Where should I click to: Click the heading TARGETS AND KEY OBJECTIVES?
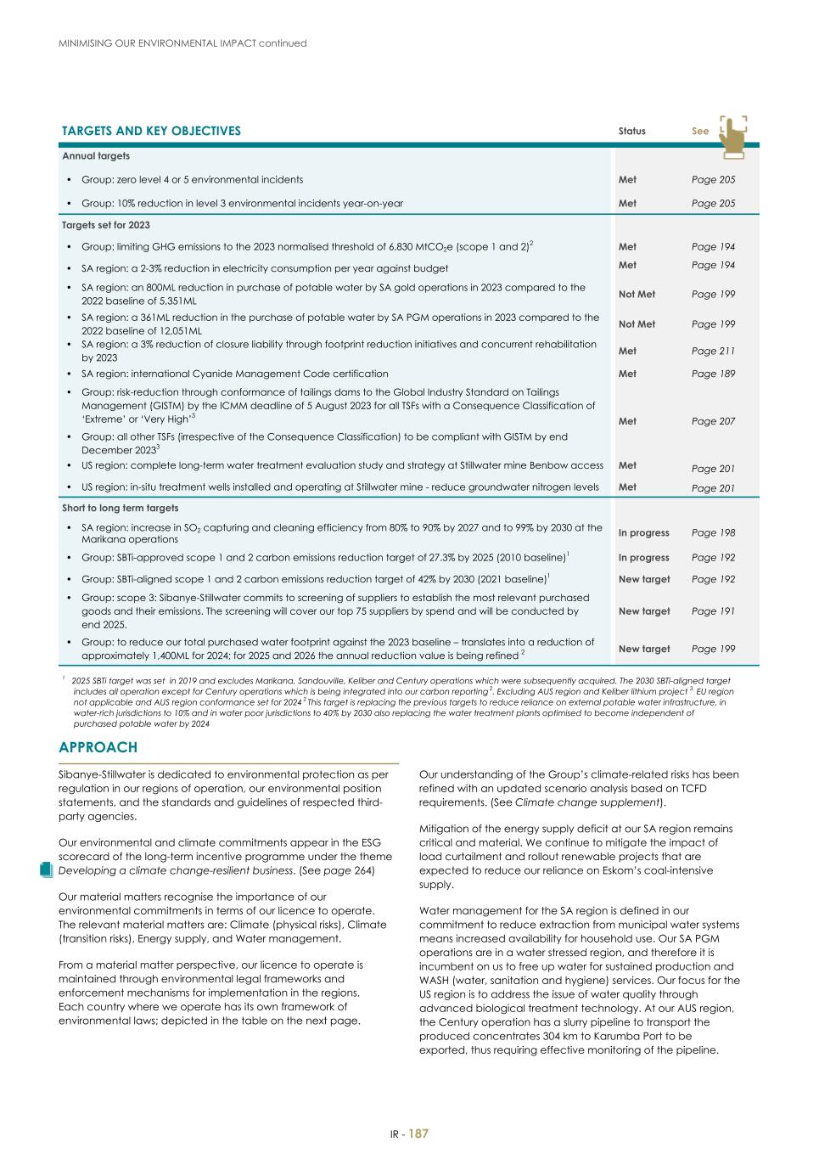point(151,131)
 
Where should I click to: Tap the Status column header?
point(631,132)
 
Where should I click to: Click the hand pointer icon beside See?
point(732,137)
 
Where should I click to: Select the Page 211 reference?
point(713,351)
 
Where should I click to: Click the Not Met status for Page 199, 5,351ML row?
point(637,295)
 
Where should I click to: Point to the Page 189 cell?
point(713,374)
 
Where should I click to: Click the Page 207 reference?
point(713,421)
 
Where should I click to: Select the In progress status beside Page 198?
point(643,533)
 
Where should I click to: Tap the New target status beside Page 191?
point(643,611)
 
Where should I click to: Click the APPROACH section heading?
point(98,747)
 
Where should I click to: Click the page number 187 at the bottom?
point(418,1134)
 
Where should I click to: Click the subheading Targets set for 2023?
point(106,225)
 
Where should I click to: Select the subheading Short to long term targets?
point(120,508)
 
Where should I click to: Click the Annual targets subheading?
point(95,156)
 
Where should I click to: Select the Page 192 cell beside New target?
point(713,579)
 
